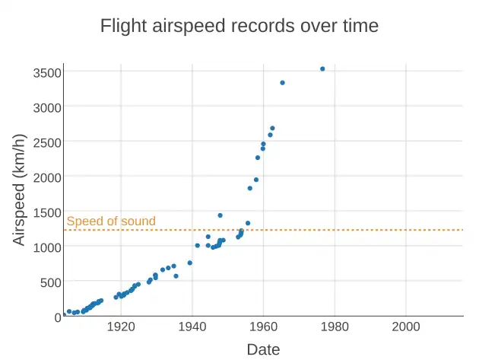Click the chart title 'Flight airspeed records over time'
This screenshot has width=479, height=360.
point(239,26)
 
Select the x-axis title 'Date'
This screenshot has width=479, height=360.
point(263,349)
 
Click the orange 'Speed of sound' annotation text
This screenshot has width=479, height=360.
point(111,221)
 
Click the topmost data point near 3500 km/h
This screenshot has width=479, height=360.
point(322,68)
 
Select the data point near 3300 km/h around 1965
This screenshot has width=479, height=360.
point(282,82)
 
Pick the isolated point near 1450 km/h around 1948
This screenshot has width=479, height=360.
point(220,215)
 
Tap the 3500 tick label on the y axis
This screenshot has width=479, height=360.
point(47,72)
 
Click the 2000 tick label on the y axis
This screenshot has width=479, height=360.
point(47,177)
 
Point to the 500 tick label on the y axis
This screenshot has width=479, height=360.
point(50,282)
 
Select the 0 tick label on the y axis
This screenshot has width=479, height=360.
point(57,317)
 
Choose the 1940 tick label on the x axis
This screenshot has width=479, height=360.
point(192,327)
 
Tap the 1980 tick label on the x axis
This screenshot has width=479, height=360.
point(335,327)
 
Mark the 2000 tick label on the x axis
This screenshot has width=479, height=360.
point(405,327)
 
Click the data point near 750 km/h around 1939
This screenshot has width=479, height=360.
point(190,263)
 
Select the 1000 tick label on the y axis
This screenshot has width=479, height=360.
point(47,247)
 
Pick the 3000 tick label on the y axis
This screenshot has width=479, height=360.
point(47,107)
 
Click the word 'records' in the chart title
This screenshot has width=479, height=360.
point(278,26)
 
